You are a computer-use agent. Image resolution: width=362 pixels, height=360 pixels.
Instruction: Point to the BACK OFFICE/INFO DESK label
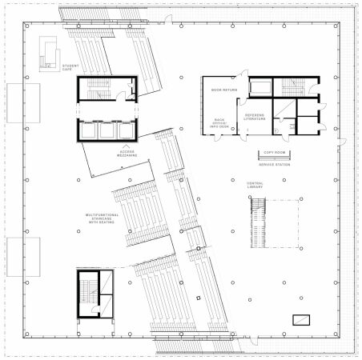pos(220,123)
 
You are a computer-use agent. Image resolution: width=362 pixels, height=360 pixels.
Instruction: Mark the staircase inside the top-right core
pos(292,87)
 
